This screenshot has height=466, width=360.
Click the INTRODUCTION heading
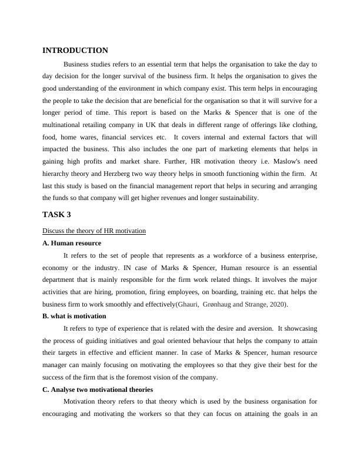click(x=75, y=51)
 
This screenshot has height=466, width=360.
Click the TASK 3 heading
click(x=56, y=214)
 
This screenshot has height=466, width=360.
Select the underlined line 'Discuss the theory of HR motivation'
click(x=94, y=231)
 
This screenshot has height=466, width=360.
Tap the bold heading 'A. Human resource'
click(x=72, y=243)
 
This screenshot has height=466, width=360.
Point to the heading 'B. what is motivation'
click(x=74, y=316)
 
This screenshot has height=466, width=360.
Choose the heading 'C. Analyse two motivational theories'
click(x=98, y=390)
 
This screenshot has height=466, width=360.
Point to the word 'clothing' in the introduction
click(x=303, y=125)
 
